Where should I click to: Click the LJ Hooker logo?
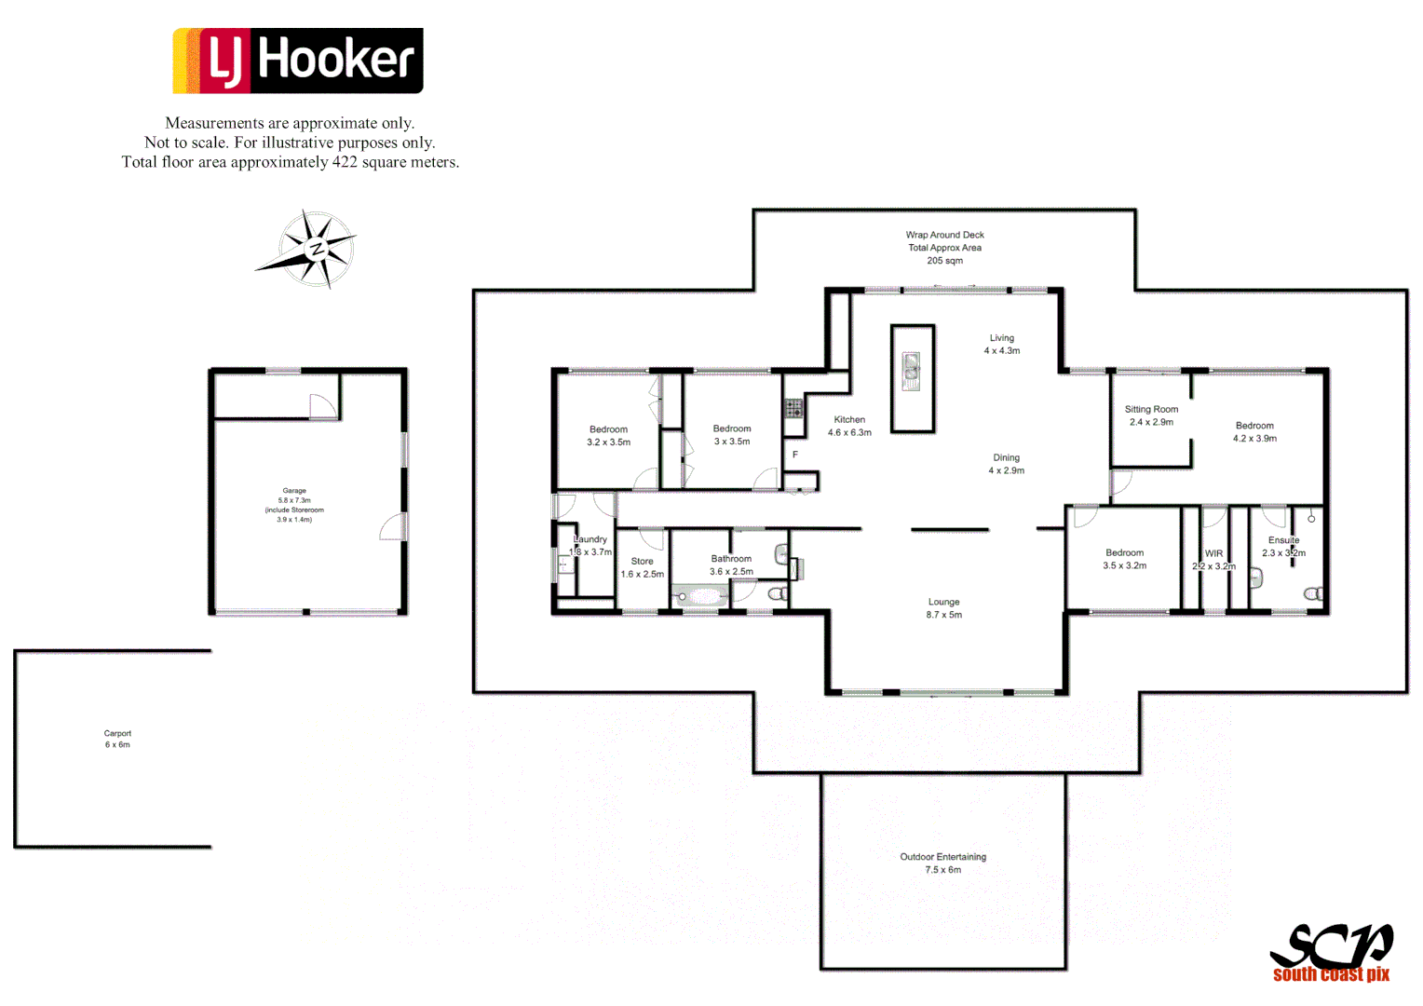click(298, 61)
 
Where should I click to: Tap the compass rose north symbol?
click(317, 249)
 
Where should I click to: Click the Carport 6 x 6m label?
click(117, 739)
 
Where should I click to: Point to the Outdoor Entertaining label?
click(942, 863)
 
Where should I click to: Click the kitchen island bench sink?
click(911, 371)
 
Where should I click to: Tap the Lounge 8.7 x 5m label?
click(943, 608)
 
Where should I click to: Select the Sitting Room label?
click(1151, 415)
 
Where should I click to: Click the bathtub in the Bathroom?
click(701, 596)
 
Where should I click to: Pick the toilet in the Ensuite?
click(1313, 593)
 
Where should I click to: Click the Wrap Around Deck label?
click(944, 248)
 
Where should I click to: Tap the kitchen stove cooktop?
click(793, 408)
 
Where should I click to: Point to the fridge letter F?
click(795, 455)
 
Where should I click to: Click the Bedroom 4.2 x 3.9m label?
click(1254, 431)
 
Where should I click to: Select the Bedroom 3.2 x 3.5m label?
click(608, 436)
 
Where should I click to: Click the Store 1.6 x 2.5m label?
click(642, 567)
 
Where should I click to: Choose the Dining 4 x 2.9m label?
click(1006, 464)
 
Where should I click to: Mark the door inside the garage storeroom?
click(322, 407)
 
